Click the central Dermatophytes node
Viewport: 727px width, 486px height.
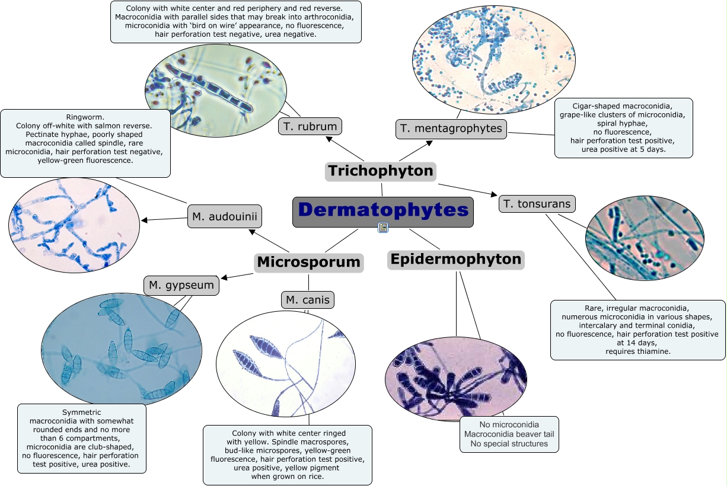pyautogui.click(x=383, y=211)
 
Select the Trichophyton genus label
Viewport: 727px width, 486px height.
pyautogui.click(x=381, y=171)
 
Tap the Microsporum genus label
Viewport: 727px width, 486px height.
pyautogui.click(x=308, y=262)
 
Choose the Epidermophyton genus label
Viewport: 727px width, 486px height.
pyautogui.click(x=456, y=260)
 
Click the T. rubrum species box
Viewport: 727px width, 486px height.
pyautogui.click(x=310, y=126)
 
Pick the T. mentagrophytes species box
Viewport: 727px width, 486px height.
pyautogui.click(x=451, y=129)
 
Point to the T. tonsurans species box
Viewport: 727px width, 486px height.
pyautogui.click(x=537, y=204)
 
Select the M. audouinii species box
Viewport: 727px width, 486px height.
pyautogui.click(x=224, y=217)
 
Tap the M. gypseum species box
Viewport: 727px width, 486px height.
pyautogui.click(x=181, y=286)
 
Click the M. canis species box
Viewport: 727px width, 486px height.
pyautogui.click(x=307, y=300)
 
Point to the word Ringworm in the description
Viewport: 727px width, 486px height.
pyautogui.click(x=85, y=117)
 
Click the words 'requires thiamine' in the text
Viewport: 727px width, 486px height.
pyautogui.click(x=637, y=351)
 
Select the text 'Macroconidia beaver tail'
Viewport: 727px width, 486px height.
pyautogui.click(x=509, y=434)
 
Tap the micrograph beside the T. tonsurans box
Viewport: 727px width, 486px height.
pyautogui.click(x=644, y=238)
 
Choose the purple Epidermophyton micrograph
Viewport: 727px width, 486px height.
pyautogui.click(x=455, y=379)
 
